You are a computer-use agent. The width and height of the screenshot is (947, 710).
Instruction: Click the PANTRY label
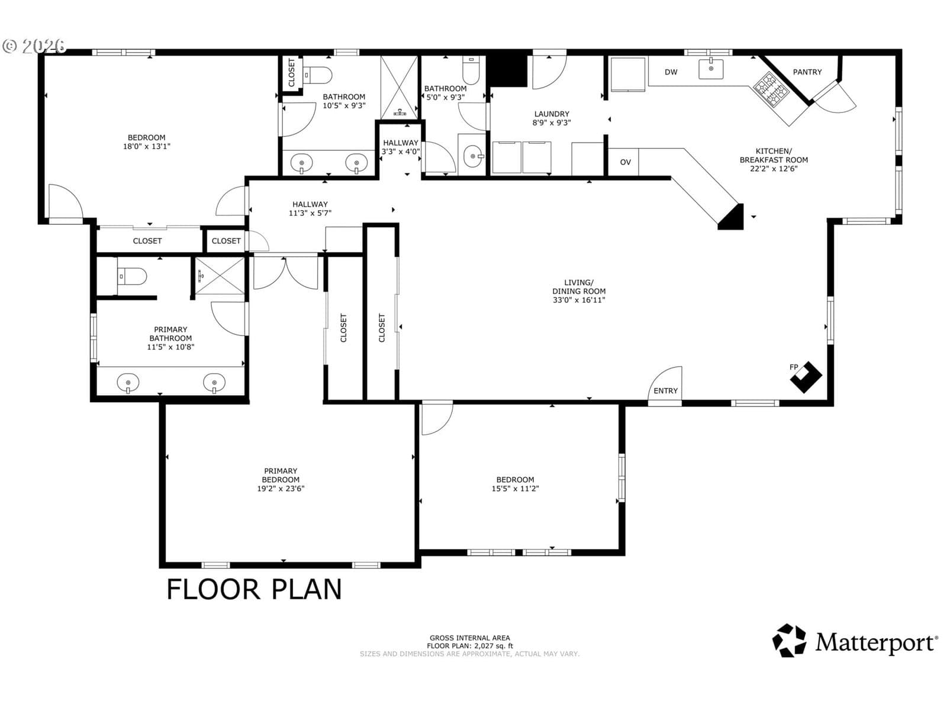coord(807,72)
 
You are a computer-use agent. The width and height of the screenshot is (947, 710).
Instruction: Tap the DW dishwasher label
coord(671,72)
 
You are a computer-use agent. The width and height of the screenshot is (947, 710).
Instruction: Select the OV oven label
coord(625,162)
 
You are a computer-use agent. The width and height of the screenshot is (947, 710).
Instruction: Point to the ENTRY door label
coord(665,390)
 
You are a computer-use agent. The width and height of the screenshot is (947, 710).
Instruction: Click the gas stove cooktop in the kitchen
coord(771,91)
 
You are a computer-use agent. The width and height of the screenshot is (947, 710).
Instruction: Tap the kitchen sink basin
coord(711,69)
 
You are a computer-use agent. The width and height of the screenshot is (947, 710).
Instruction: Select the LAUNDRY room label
coord(552,114)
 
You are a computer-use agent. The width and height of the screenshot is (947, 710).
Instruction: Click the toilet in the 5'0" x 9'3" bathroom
coord(471,70)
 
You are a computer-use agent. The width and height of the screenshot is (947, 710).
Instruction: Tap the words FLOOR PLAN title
coord(254,589)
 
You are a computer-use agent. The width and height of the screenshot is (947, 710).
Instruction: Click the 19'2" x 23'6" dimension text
coord(281,489)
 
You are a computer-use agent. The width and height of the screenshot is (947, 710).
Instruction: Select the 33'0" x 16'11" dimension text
coord(578,300)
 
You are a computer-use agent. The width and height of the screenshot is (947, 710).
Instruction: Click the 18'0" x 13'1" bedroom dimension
coord(147,146)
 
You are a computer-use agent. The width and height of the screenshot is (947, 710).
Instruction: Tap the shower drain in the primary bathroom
coord(200,275)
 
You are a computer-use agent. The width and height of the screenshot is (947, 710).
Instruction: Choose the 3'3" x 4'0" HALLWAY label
coord(400,147)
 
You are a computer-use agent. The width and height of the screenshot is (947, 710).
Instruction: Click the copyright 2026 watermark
coord(34,46)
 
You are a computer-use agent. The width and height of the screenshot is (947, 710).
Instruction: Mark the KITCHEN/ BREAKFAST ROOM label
coord(774,160)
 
